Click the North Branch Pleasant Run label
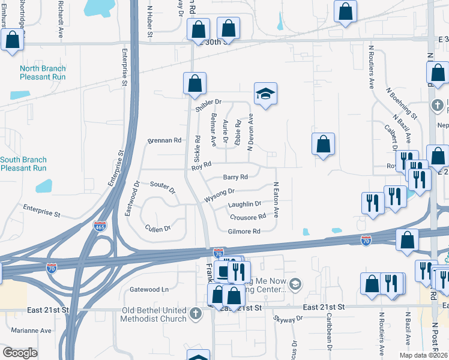click(x=43, y=73)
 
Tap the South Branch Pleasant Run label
click(x=23, y=164)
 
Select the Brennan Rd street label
click(x=164, y=140)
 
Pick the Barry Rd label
click(x=235, y=177)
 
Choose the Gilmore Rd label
click(x=244, y=232)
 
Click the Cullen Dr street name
click(x=158, y=228)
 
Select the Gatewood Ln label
click(x=149, y=289)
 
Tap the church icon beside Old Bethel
click(x=195, y=313)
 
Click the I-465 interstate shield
click(x=100, y=226)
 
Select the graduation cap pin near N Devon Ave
click(x=265, y=94)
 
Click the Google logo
click(x=20, y=353)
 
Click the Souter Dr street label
click(x=163, y=188)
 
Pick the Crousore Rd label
click(x=247, y=217)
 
